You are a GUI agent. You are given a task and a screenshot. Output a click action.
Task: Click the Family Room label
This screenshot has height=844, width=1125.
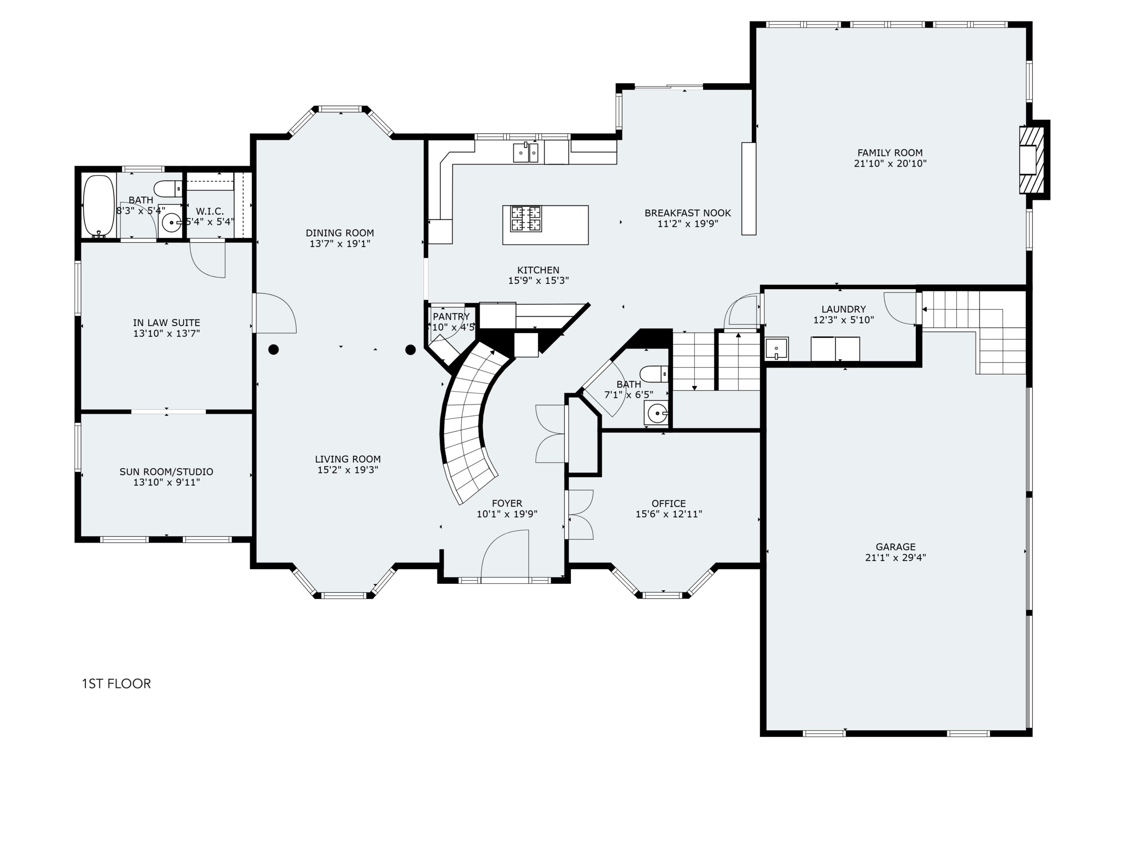click(890, 153)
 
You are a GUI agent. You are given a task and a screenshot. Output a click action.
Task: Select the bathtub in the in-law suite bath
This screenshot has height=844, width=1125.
click(99, 206)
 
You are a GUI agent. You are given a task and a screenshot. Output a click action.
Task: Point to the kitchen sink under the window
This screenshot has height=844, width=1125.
click(526, 152)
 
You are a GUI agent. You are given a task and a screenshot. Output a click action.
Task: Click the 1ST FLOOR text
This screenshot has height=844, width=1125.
click(116, 684)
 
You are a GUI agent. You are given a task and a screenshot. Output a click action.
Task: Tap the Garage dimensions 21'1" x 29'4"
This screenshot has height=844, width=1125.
click(896, 557)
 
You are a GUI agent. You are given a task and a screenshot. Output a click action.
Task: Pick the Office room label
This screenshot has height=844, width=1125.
click(669, 504)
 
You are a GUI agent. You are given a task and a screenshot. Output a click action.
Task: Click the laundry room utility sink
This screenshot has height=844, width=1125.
click(777, 349)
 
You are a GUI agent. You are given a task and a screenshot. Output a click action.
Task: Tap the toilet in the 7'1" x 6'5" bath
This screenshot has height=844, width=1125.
click(654, 374)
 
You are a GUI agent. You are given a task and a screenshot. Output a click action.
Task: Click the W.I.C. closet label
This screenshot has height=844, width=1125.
click(210, 211)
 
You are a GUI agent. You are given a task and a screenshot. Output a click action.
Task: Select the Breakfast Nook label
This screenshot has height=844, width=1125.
click(688, 213)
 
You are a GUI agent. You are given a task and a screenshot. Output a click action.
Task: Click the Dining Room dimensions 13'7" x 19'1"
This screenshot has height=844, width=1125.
click(340, 244)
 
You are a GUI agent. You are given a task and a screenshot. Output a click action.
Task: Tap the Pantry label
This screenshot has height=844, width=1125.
click(451, 316)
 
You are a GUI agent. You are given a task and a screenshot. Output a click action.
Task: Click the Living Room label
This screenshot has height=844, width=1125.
click(348, 459)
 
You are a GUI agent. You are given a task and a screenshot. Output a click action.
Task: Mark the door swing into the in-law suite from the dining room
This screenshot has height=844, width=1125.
click(275, 313)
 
